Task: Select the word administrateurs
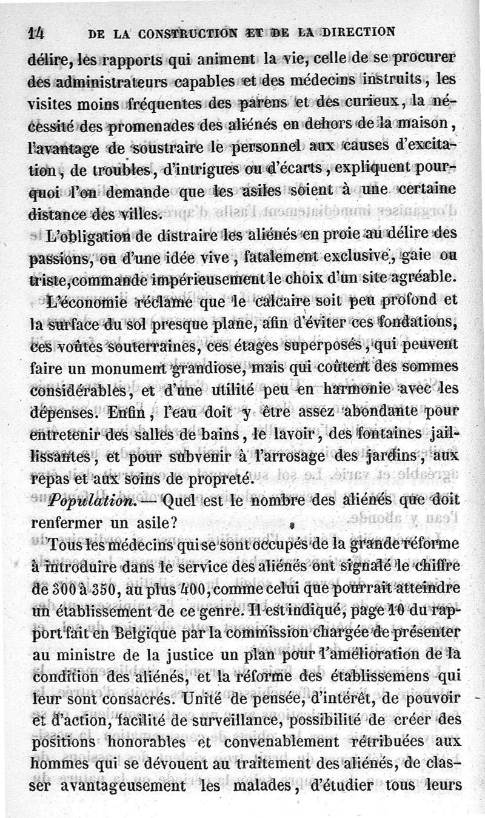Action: [x=98, y=79]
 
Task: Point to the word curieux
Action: [x=363, y=101]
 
